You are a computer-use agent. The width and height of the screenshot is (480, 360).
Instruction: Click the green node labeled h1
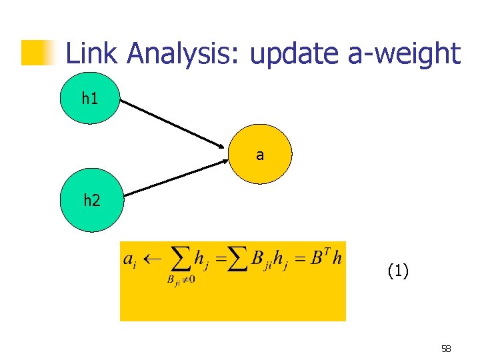click(89, 99)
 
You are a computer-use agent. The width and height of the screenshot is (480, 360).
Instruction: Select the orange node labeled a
click(260, 155)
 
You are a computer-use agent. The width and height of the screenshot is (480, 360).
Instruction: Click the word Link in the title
click(89, 53)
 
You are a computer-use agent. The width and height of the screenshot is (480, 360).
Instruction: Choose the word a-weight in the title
click(405, 53)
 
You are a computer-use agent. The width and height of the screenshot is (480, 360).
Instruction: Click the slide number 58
click(446, 349)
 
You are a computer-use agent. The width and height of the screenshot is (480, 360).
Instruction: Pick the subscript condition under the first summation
click(181, 279)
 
